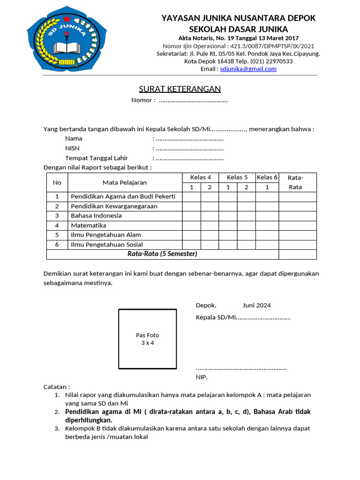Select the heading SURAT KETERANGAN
click(x=180, y=89)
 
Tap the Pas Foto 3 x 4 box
click(x=147, y=339)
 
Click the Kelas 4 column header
click(x=201, y=177)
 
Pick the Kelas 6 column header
click(x=267, y=177)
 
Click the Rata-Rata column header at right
click(x=295, y=182)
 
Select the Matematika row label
click(x=89, y=225)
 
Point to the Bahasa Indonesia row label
click(x=96, y=216)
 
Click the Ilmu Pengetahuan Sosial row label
click(x=107, y=245)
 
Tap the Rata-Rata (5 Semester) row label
click(x=162, y=254)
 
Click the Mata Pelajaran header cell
click(x=125, y=182)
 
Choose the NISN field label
click(x=72, y=148)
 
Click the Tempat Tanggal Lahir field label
click(x=96, y=158)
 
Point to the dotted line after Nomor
click(x=193, y=100)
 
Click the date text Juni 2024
click(x=256, y=305)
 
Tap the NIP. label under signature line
click(x=201, y=377)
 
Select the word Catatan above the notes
click(x=56, y=387)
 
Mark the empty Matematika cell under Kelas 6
click(x=267, y=225)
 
